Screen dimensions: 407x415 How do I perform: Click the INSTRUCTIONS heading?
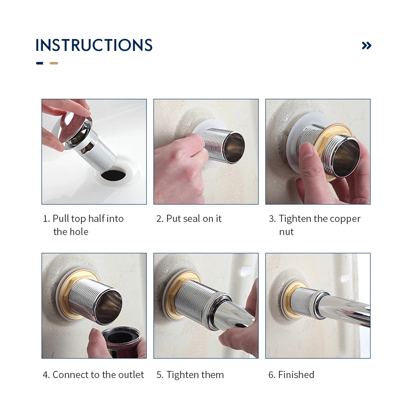94,45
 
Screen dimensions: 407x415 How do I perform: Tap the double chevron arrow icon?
367,45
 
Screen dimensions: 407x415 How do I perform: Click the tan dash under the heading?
54,63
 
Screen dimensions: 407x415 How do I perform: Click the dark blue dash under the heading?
40,63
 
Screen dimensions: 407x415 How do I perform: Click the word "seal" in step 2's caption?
192,219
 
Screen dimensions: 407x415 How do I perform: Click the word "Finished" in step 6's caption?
296,375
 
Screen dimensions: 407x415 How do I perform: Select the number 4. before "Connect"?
46,375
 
